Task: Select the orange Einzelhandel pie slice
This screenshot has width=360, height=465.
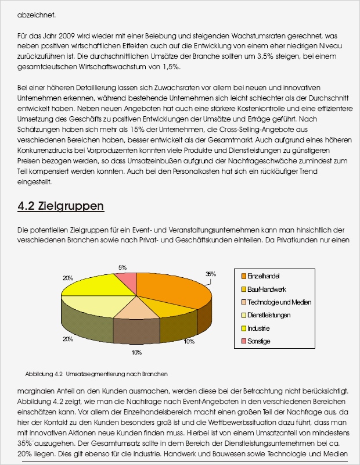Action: coord(174,288)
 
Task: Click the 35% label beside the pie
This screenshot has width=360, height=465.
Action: coord(210,274)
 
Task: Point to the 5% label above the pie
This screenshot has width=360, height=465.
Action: coord(123,267)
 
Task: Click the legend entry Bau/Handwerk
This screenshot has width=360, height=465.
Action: coord(267,288)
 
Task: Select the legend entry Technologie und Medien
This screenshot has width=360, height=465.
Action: coord(279,302)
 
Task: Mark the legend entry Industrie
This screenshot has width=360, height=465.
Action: coord(258,328)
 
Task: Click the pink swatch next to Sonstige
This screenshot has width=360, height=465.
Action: coord(243,341)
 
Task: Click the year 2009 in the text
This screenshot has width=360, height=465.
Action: coord(66,35)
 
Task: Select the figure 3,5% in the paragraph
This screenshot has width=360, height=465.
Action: coord(261,56)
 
